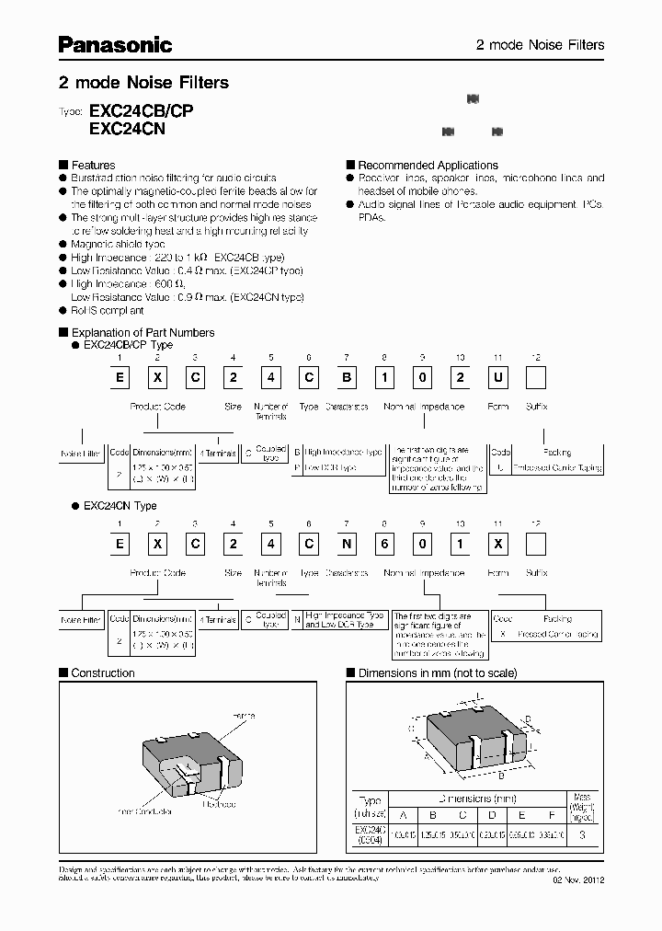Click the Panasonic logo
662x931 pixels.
coord(116,44)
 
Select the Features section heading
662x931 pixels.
coord(93,165)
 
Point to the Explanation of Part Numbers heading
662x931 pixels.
coord(143,332)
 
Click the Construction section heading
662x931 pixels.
coord(103,672)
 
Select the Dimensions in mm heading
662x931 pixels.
coord(437,672)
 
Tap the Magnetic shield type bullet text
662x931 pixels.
coord(118,244)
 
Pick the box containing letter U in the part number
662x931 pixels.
coord(496,377)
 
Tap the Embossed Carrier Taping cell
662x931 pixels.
coord(557,467)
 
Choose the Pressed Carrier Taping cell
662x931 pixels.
coord(557,634)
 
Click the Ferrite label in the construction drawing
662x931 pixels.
coord(243,715)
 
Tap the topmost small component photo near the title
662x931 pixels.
coord(474,98)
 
